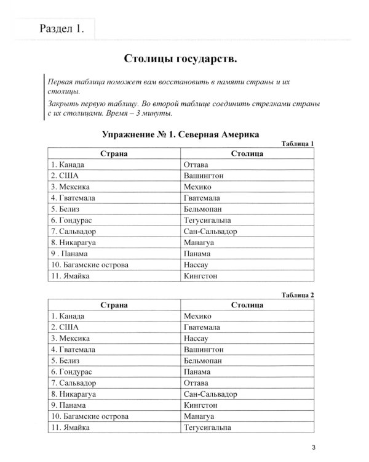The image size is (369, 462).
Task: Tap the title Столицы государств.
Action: click(180, 59)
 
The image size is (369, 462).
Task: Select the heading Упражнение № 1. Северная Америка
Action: click(181, 134)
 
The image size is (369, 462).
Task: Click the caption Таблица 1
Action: click(297, 144)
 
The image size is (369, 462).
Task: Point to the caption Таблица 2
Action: click(297, 295)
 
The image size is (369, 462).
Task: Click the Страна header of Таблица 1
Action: click(113, 153)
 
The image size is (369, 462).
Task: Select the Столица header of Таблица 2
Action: click(248, 305)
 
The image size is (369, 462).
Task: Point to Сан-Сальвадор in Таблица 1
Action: click(210, 232)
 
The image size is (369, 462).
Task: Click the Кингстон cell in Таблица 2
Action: click(201, 405)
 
